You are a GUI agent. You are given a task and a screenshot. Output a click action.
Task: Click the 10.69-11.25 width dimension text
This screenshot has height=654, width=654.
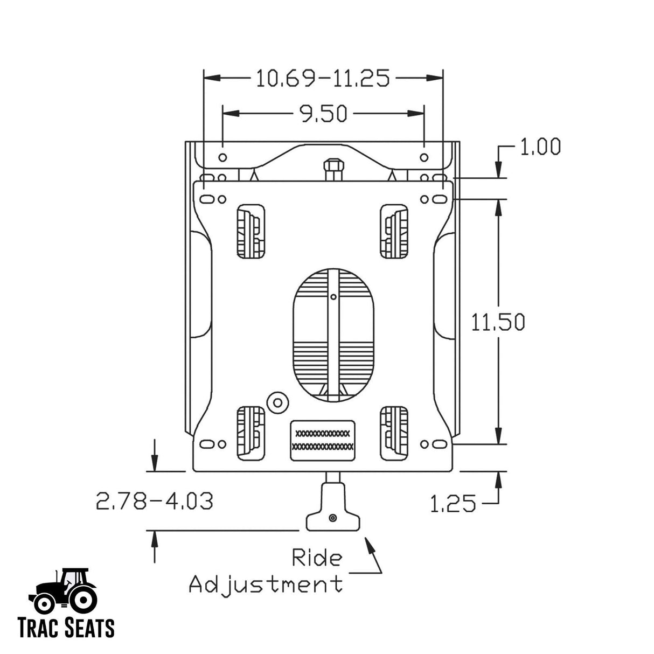(x=322, y=79)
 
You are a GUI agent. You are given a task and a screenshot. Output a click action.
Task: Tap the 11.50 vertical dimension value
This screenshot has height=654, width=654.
(x=498, y=322)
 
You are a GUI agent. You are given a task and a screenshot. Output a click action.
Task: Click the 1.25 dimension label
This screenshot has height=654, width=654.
(x=453, y=504)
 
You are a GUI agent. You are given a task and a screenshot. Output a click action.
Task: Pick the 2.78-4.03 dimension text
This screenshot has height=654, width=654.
(x=155, y=501)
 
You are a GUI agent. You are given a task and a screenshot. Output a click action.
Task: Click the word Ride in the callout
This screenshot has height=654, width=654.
(x=316, y=558)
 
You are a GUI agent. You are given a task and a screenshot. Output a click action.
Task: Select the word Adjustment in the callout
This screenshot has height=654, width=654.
(x=266, y=583)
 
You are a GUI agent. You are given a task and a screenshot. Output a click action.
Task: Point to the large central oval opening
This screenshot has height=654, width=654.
(x=333, y=334)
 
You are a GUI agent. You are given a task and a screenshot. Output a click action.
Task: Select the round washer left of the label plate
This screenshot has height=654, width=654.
(x=278, y=401)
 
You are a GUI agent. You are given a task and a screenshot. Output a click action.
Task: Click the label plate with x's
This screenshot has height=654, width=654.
(x=323, y=440)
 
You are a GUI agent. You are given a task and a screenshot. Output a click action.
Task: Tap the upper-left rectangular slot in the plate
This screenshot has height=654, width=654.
(x=251, y=232)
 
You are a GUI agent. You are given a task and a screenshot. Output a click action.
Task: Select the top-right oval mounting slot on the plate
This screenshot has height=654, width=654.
(x=440, y=199)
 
